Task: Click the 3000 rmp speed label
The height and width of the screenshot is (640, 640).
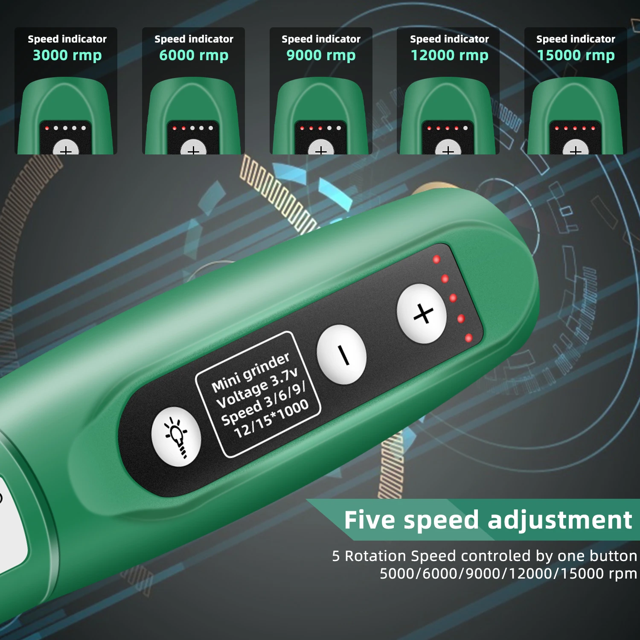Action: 67,55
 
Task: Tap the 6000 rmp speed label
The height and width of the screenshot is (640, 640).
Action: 194,55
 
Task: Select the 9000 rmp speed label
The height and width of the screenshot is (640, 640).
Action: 321,55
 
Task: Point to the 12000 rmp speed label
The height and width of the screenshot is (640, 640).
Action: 449,55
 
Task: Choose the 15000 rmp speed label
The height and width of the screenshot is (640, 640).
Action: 576,55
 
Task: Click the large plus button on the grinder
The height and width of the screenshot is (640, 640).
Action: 422,314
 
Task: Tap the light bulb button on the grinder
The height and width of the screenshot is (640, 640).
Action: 176,436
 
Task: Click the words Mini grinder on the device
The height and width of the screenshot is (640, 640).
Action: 250,372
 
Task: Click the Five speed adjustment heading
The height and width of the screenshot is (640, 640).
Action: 488,520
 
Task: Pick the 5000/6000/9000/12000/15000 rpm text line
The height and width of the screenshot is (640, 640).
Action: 508,574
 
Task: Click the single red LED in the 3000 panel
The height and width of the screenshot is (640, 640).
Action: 47,128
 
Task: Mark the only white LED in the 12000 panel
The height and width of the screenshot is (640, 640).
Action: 465,128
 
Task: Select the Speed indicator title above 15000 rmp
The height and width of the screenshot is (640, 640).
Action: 576,39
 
